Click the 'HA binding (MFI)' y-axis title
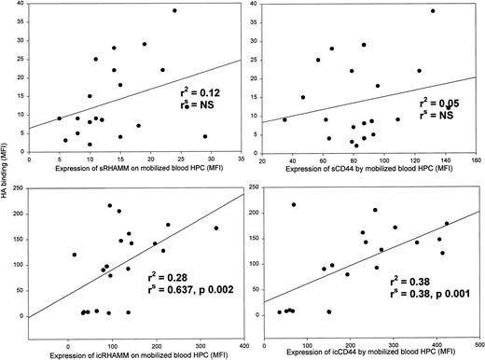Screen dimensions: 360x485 click(x=9, y=93)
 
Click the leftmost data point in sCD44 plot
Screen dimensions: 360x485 click(x=284, y=119)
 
